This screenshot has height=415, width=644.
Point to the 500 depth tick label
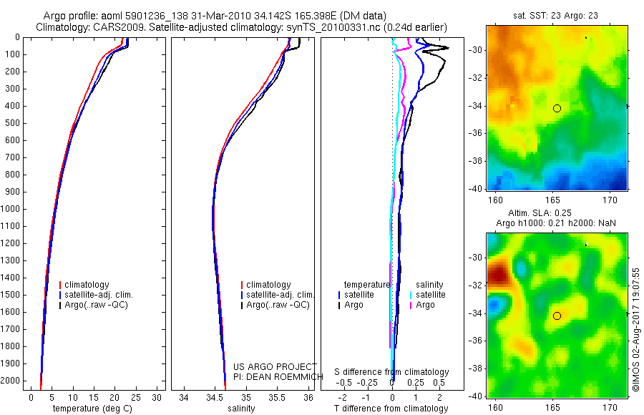pos(12,123)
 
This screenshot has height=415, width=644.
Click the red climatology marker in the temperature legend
pos(61,285)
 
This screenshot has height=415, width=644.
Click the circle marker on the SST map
pos(557,108)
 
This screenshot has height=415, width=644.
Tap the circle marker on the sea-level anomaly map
pos(557,316)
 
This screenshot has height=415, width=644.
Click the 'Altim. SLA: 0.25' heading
pos(555,214)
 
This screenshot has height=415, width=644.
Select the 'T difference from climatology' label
pos(391,409)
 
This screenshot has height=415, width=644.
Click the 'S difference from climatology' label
pos(392,372)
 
